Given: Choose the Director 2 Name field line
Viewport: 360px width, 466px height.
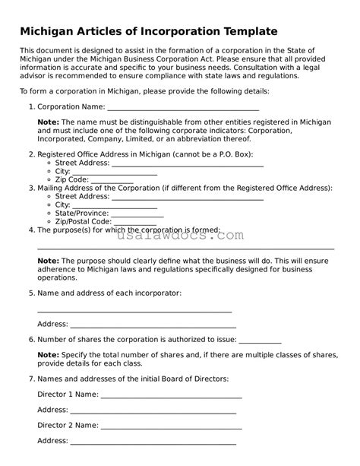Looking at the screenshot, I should (x=171, y=426).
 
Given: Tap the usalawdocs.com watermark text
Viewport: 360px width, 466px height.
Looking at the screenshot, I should (x=180, y=236).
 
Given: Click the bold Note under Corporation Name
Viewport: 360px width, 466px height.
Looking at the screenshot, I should (x=48, y=122).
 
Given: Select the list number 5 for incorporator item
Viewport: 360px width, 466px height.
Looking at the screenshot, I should (x=30, y=292).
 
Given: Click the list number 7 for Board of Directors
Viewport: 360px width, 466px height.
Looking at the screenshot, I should (x=30, y=378).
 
